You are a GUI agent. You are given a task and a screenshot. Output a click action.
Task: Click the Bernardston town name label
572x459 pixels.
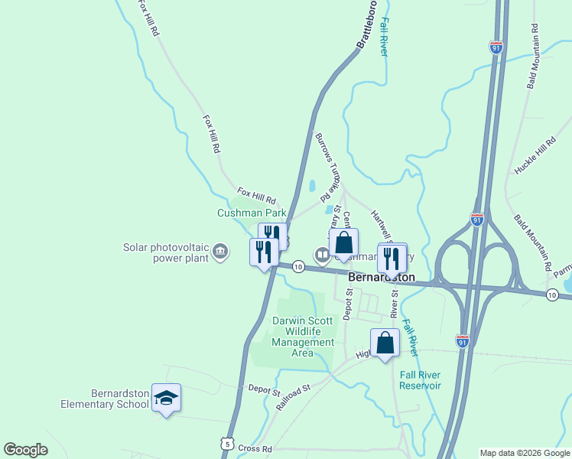[382, 276]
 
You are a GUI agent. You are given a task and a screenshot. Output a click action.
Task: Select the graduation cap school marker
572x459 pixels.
[166, 398]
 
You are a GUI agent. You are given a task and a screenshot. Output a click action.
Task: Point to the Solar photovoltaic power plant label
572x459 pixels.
[167, 252]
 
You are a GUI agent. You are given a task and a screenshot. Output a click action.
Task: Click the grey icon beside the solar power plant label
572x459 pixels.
[220, 251]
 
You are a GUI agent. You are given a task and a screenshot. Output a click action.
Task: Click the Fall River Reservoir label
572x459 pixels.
[421, 380]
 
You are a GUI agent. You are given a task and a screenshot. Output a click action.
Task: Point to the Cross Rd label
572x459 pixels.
[255, 448]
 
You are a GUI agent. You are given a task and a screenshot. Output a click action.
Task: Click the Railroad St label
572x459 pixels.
[294, 397]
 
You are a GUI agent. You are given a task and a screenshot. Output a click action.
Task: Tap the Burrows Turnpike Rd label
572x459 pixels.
[328, 163]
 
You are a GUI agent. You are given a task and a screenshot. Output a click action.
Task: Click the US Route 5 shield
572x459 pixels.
[226, 444]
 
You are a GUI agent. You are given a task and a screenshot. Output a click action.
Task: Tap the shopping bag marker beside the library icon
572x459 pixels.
[344, 244]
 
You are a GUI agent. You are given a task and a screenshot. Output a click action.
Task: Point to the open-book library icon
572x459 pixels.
[322, 254]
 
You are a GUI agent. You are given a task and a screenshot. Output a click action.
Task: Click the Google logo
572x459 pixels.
[25, 450]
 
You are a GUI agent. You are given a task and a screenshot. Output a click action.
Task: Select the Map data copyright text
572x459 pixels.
[524, 453]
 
